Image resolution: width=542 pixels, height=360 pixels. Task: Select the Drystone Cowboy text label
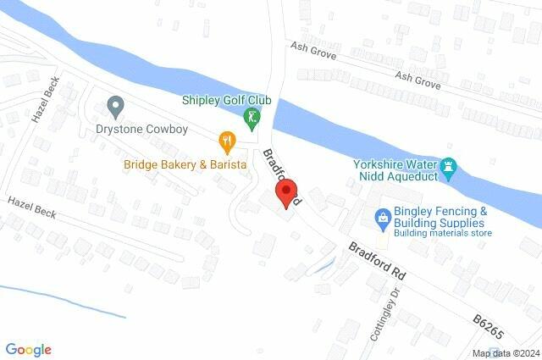point(141,130)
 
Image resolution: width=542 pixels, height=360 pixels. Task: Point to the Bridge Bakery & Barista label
point(185,163)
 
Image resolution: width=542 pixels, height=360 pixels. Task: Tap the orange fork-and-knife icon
point(227,140)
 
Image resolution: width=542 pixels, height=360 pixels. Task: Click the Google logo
point(28,349)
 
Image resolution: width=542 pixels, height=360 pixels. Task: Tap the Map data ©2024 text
point(506,353)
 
